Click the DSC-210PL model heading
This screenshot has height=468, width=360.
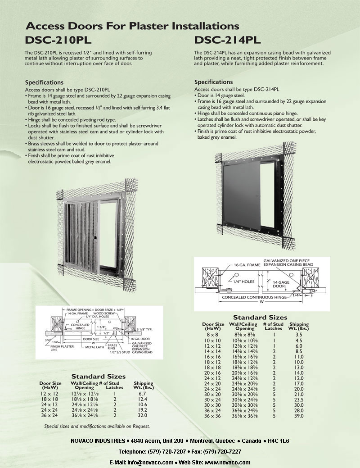point(58,40)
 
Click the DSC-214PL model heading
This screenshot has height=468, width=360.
point(227,40)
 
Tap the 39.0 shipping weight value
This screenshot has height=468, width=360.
point(299,416)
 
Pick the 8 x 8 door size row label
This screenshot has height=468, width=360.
point(213,335)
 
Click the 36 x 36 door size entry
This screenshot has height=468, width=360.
point(213,416)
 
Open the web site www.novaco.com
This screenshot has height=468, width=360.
point(228,463)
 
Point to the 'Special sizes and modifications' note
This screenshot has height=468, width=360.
point(97,426)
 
